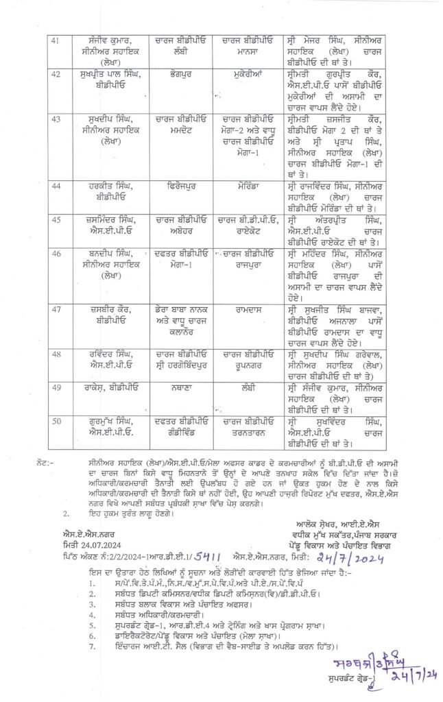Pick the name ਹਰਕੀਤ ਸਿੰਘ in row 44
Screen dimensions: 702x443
(x=104, y=185)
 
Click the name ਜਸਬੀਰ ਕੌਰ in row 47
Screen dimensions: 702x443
(x=104, y=311)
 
